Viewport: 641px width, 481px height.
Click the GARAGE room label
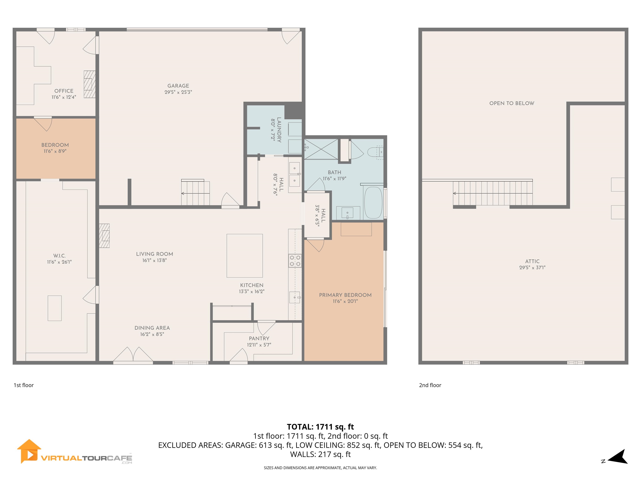click(178, 86)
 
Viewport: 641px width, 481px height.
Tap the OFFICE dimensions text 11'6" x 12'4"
click(64, 97)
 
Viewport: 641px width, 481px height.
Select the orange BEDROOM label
click(55, 145)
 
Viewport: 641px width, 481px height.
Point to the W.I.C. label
click(59, 256)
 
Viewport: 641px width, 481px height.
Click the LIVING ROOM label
click(154, 254)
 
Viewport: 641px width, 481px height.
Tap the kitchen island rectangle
click(245, 256)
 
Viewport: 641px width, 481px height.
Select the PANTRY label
click(259, 338)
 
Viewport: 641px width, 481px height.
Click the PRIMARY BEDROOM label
click(345, 295)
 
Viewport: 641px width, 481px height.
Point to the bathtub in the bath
click(373, 202)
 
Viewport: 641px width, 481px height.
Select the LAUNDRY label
click(279, 130)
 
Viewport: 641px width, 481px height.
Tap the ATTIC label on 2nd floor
click(532, 261)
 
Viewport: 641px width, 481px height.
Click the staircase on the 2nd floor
click(493, 193)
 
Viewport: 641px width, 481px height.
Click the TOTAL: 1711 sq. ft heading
click(320, 427)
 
